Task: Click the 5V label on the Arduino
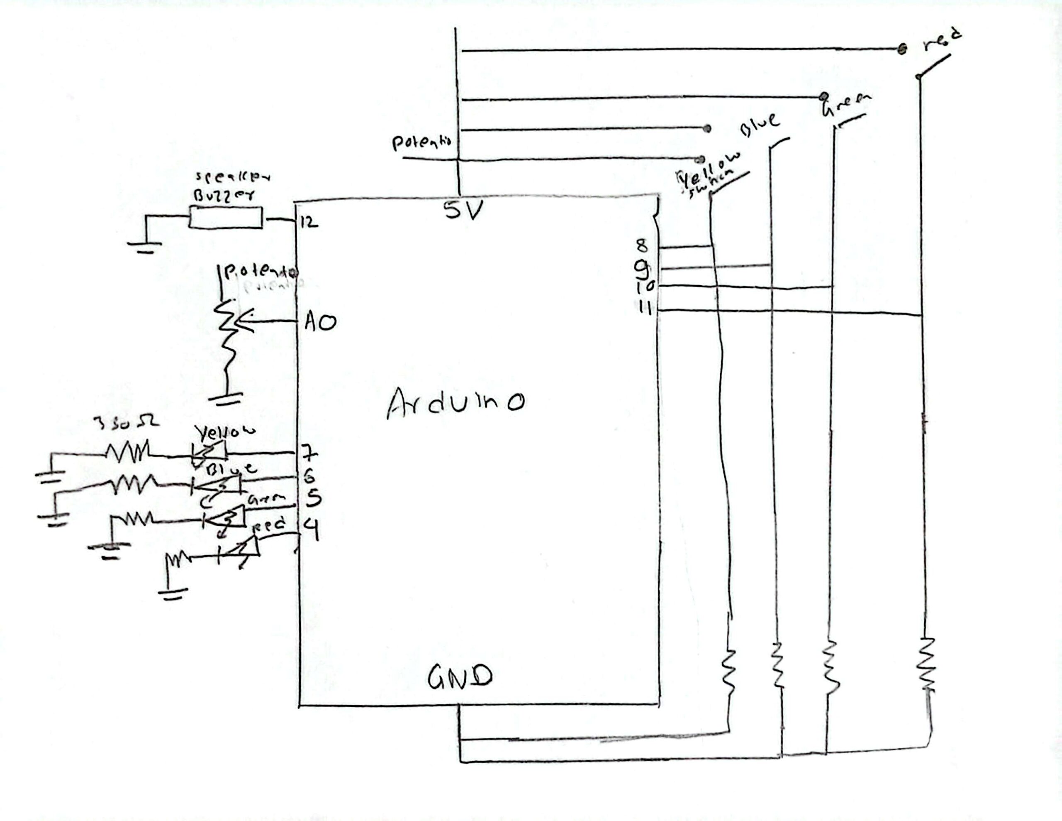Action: [x=463, y=211]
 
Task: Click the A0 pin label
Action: [x=320, y=322]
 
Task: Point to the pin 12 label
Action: [x=309, y=223]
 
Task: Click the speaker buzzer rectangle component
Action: [x=226, y=218]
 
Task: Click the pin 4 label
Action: [x=312, y=529]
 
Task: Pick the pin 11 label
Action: [x=645, y=308]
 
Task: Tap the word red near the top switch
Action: [x=941, y=41]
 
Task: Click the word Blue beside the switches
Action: [x=759, y=124]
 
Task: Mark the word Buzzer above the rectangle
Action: [x=224, y=196]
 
